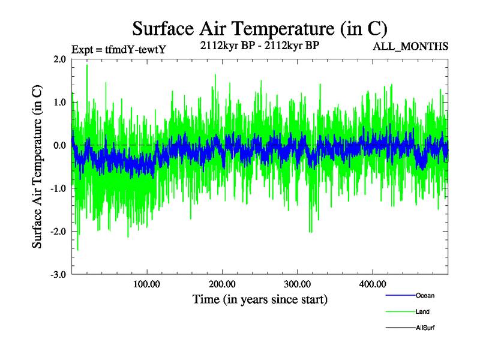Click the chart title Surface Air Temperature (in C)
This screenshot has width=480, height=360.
click(259, 29)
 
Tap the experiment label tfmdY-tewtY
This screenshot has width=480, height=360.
click(118, 50)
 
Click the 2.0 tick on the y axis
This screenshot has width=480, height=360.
click(59, 59)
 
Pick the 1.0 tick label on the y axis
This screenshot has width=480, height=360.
click(59, 103)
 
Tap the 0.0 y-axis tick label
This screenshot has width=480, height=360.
click(59, 145)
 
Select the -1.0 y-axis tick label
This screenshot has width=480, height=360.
click(58, 188)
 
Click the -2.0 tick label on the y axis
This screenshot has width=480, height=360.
click(58, 232)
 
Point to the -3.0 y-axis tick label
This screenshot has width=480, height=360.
click(58, 274)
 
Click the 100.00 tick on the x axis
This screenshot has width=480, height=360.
click(147, 284)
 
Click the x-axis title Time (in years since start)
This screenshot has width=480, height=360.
click(260, 299)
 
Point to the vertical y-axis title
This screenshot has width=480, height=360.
click(37, 167)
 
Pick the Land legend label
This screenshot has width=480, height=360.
click(422, 312)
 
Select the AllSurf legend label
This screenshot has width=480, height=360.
click(425, 328)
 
